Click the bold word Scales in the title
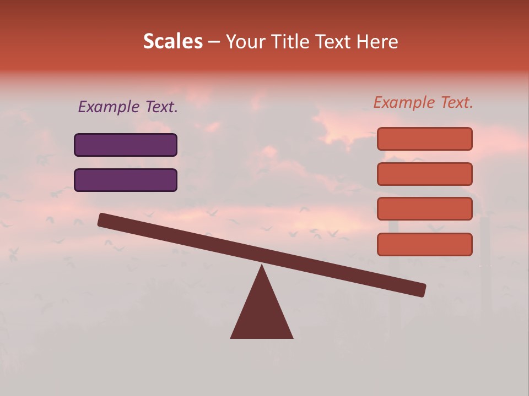(x=172, y=41)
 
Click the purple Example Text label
(x=128, y=107)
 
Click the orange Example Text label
(x=423, y=102)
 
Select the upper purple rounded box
(x=126, y=145)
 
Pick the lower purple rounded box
(x=126, y=180)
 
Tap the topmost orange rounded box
(x=425, y=139)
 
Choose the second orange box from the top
(x=425, y=174)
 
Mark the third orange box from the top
(x=425, y=209)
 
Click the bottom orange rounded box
(x=425, y=244)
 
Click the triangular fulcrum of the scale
(x=262, y=313)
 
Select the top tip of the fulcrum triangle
(x=262, y=267)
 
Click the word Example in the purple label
(x=109, y=107)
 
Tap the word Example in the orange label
(x=404, y=102)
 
